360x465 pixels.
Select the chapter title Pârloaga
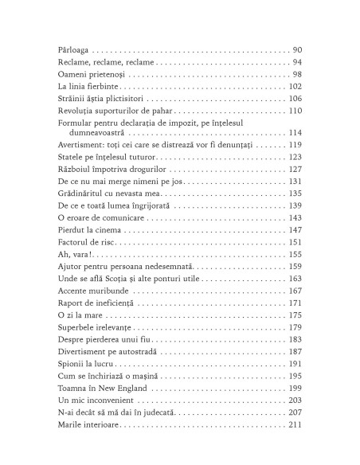pyautogui.click(x=73, y=49)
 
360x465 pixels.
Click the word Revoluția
pyautogui.click(x=78, y=112)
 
